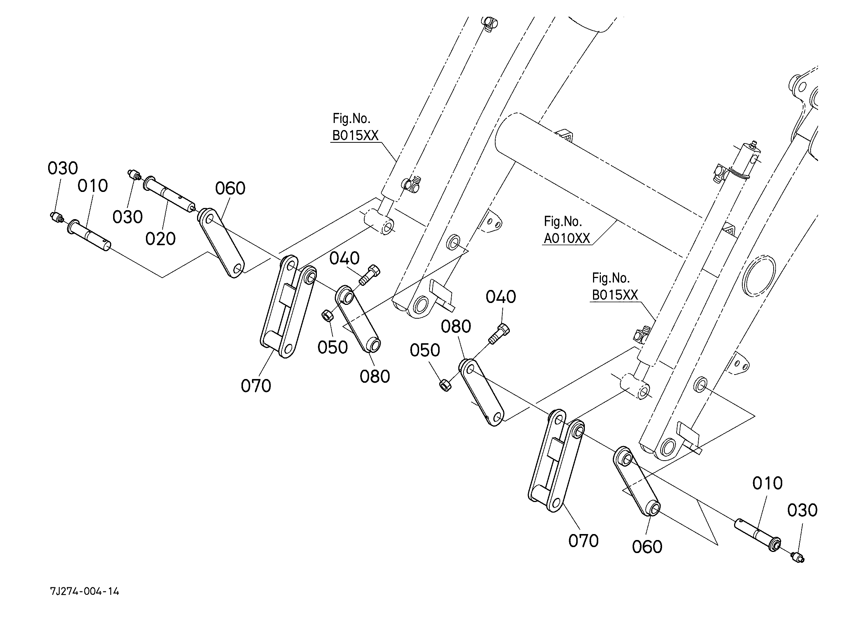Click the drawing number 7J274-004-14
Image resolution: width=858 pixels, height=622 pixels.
(84, 591)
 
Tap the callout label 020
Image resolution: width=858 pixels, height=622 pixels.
(160, 239)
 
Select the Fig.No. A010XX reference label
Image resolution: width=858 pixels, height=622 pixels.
(567, 231)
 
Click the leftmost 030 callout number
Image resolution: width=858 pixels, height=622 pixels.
(63, 168)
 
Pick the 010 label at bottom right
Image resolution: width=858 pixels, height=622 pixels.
(767, 483)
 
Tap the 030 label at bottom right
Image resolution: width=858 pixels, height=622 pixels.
(802, 511)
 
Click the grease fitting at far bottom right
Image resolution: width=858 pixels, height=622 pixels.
(797, 557)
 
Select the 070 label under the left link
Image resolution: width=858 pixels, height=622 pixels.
(256, 386)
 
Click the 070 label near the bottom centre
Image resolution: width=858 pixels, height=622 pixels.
(583, 541)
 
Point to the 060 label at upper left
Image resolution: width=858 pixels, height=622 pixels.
(230, 188)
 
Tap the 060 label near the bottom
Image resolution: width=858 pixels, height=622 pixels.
(647, 547)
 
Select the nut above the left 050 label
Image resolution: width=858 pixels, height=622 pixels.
(327, 315)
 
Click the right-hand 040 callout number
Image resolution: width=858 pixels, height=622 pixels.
(500, 297)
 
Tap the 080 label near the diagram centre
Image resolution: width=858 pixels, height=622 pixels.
(456, 326)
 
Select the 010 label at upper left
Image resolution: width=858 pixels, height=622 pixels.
(93, 186)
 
